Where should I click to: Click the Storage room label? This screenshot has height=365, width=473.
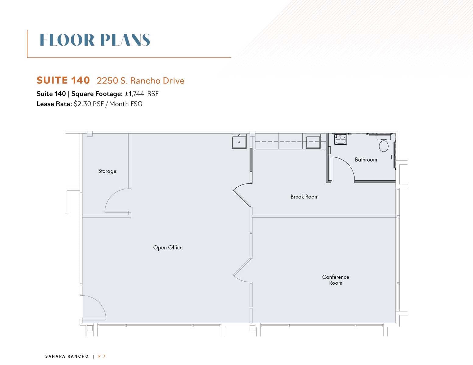[x=107, y=171]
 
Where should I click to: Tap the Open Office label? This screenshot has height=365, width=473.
[x=168, y=247]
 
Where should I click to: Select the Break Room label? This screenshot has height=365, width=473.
[x=305, y=196]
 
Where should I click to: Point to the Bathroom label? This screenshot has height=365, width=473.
[x=366, y=160]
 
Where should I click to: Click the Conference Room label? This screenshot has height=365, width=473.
[x=335, y=280]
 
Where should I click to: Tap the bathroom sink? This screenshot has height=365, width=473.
[x=341, y=139]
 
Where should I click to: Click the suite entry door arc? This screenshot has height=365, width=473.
[x=99, y=302]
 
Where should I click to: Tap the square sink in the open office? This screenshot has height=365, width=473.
[x=239, y=141]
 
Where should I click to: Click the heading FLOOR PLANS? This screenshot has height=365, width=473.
[x=95, y=40]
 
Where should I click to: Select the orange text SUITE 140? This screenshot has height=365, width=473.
[x=63, y=80]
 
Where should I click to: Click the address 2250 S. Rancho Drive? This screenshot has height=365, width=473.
[x=141, y=81]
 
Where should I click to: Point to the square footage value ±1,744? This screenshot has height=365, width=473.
[x=134, y=94]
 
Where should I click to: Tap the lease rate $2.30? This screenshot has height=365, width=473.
[x=83, y=104]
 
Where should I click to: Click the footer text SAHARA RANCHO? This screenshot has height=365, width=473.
[x=67, y=356]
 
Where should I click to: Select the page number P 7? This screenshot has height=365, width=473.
[x=102, y=356]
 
